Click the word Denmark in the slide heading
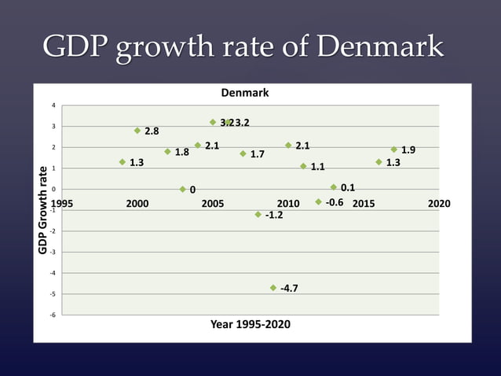click(x=380, y=47)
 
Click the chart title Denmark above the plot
click(x=244, y=93)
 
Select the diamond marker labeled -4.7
click(x=273, y=288)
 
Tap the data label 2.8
click(x=152, y=131)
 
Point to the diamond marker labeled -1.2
click(x=258, y=214)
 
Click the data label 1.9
click(x=408, y=150)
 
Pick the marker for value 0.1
click(x=334, y=187)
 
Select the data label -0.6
click(x=335, y=203)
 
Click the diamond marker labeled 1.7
click(x=243, y=153)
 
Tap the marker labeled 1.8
click(x=167, y=152)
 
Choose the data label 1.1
click(x=318, y=168)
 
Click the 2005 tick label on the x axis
click(x=213, y=204)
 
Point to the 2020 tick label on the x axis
click(x=439, y=204)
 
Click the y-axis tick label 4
click(x=53, y=105)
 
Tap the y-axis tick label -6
click(x=52, y=315)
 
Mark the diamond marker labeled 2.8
click(x=137, y=131)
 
